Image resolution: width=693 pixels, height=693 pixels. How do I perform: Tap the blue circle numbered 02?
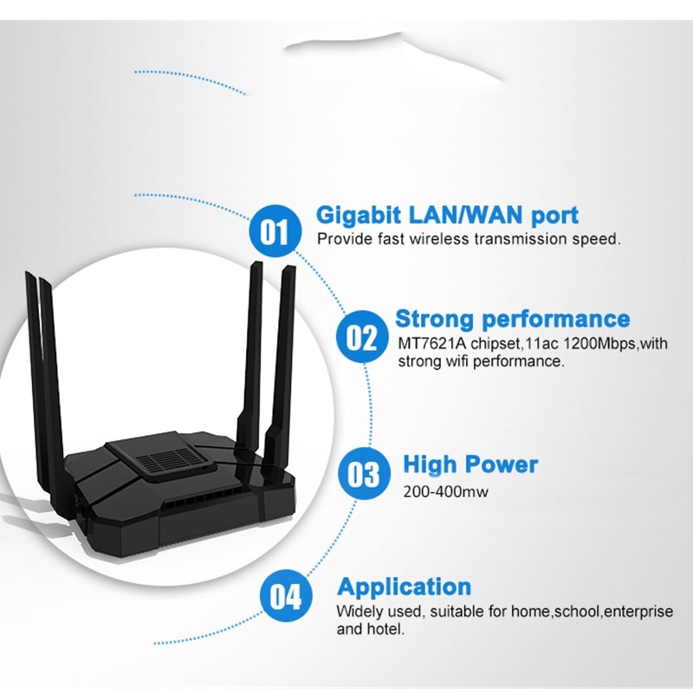point(361,337)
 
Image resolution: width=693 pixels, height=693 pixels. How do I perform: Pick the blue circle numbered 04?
point(285,597)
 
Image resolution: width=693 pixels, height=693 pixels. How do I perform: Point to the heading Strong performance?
point(512,318)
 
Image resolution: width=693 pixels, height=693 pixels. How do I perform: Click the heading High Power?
point(470,464)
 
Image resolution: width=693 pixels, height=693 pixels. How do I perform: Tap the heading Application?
point(404,586)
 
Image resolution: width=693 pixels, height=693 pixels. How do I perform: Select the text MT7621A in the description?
point(430,344)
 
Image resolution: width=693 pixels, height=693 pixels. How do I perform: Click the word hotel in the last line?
point(385,630)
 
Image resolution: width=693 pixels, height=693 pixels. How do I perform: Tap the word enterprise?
point(638,612)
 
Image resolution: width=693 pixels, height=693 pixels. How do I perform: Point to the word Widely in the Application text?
point(358,612)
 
